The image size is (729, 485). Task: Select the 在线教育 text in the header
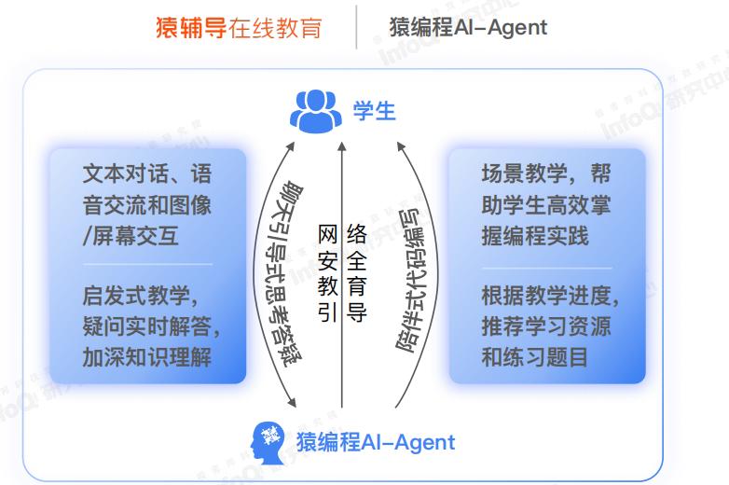coord(275,27)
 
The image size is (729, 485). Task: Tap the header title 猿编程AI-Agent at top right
coord(468,27)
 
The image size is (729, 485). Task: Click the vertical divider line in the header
coord(356,27)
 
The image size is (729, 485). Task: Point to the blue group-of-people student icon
coord(316,111)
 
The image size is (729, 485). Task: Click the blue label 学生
coord(374,111)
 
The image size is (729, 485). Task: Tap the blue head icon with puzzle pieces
coord(268,443)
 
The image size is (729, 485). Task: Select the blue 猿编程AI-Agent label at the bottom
coord(376,442)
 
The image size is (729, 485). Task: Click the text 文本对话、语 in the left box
coord(147,173)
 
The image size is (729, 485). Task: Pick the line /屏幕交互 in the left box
coord(131,236)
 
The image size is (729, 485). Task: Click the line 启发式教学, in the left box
coord(141,296)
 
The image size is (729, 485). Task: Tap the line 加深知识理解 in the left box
coord(147,357)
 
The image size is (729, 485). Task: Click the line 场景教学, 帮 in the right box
coord(546,173)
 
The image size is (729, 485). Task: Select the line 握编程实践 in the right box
coord(535,236)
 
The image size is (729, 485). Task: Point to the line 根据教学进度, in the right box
coord(550,296)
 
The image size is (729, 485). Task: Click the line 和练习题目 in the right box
coord(535,357)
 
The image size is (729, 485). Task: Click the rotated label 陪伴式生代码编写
coord(415,281)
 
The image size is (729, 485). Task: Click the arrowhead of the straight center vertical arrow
coord(342,146)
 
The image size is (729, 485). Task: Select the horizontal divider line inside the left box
coord(148,265)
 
